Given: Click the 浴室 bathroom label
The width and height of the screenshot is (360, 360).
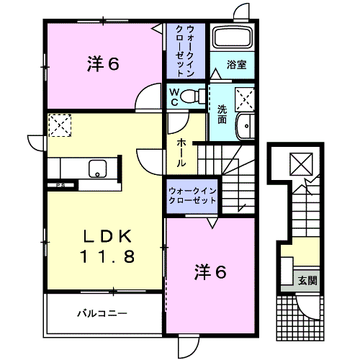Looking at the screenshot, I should click(237, 64).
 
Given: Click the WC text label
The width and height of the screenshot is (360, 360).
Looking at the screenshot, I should click(174, 96).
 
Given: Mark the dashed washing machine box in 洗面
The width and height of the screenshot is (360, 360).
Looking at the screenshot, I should click(245, 96).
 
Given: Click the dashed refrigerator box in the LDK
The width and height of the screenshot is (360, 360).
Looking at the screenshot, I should click(59, 125).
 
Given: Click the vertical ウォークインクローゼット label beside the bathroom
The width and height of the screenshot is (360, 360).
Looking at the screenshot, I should click(189, 50).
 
